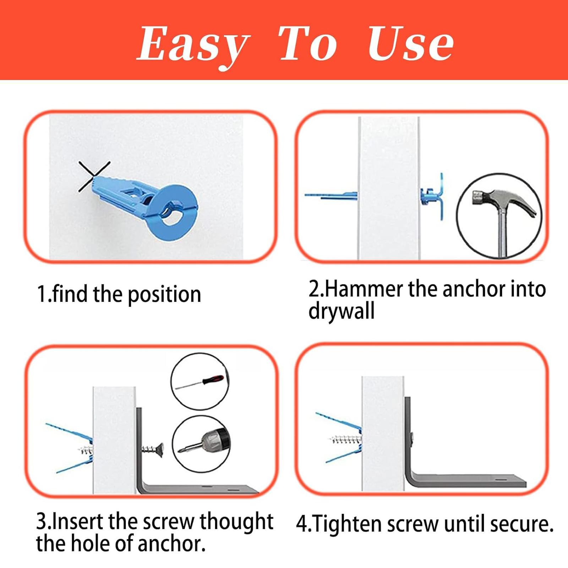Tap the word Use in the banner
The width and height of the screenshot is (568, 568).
pyautogui.click(x=411, y=44)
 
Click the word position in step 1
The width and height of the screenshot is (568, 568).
pyautogui.click(x=164, y=295)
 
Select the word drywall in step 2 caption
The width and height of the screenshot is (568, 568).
pyautogui.click(x=341, y=311)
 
